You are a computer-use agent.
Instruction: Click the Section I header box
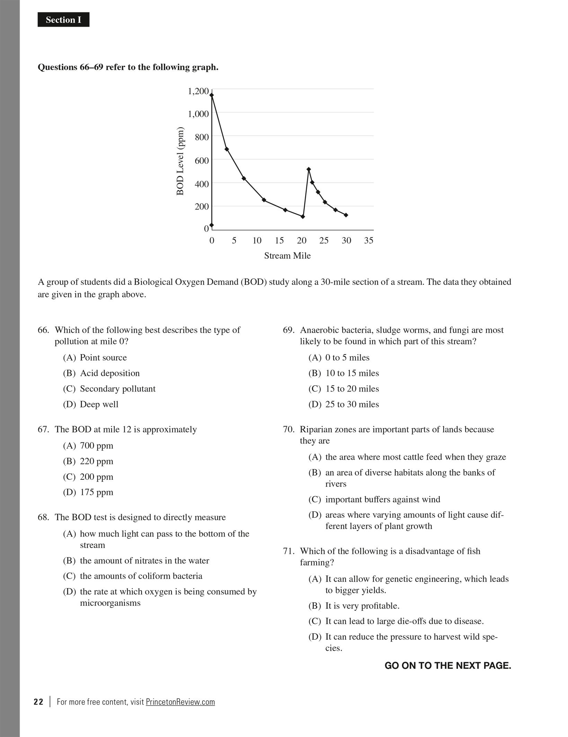[63, 20]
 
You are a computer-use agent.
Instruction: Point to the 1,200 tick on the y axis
[198, 91]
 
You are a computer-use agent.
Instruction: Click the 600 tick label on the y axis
[202, 160]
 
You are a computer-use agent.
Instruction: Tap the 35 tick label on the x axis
[369, 241]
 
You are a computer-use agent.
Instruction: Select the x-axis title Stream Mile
[287, 256]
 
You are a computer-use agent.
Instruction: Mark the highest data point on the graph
[212, 95]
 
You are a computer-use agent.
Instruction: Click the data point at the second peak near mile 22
[309, 169]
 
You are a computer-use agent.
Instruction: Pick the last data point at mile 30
[346, 215]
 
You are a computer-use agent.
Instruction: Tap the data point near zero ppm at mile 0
[212, 225]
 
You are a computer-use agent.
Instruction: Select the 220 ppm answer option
[96, 461]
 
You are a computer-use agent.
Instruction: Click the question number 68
[43, 517]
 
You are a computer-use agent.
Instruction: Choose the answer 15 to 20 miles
[352, 389]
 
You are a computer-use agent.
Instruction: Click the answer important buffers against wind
[382, 500]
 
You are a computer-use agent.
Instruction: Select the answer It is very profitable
[362, 606]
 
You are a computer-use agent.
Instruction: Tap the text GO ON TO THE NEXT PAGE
[447, 666]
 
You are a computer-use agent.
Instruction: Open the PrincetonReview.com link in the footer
[180, 702]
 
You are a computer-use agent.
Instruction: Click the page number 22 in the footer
[38, 702]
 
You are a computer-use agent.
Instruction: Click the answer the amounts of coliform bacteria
[141, 576]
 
